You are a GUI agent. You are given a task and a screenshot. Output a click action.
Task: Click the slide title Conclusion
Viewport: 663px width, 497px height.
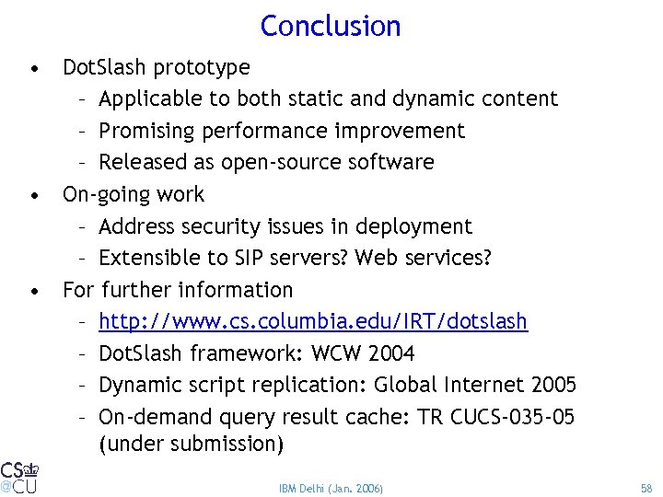(x=331, y=26)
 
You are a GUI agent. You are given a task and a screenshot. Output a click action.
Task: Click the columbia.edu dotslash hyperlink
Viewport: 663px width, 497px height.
(x=313, y=322)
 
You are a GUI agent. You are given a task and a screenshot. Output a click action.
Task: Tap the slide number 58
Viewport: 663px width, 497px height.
(x=645, y=487)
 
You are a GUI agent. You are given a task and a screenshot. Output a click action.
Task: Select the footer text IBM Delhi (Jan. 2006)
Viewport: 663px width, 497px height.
(x=331, y=487)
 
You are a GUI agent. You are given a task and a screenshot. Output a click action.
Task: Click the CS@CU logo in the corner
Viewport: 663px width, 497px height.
(x=18, y=477)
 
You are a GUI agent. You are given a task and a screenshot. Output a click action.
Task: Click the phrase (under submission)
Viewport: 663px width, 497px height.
(x=192, y=445)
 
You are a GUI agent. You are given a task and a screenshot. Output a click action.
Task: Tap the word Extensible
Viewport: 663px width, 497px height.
(x=146, y=258)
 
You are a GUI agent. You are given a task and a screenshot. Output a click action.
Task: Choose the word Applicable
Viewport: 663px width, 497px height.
(x=148, y=98)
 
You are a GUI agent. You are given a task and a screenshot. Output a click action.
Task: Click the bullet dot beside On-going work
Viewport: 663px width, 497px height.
(x=34, y=195)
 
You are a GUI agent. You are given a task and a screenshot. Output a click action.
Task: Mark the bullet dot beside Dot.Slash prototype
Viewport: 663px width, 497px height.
(x=34, y=68)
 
